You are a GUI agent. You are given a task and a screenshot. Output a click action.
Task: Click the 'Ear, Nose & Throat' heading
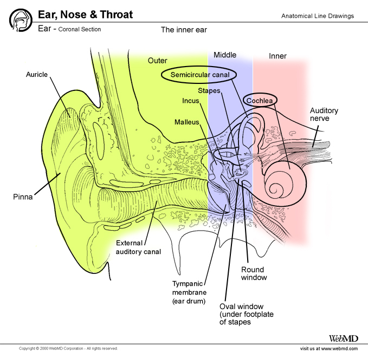click(x=85, y=15)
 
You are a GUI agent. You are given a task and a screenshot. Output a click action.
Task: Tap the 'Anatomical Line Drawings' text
click(x=317, y=16)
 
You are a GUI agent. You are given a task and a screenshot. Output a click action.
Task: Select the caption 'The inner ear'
click(x=184, y=30)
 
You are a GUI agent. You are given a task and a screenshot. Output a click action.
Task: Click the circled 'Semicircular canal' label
click(x=199, y=75)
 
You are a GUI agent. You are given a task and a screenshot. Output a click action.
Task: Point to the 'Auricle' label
click(x=37, y=74)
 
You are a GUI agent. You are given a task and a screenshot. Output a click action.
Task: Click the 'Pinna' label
click(x=23, y=197)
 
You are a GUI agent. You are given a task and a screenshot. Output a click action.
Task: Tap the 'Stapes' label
click(x=209, y=90)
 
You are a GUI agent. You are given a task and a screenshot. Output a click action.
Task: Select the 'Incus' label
click(x=191, y=101)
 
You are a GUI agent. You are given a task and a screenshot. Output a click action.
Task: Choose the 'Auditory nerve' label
click(x=324, y=115)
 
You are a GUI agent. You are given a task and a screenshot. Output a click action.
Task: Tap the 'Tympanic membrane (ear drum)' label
click(x=190, y=292)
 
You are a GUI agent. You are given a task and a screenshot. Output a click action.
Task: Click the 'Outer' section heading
click(x=158, y=61)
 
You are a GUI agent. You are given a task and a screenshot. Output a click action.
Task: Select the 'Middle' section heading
click(x=225, y=55)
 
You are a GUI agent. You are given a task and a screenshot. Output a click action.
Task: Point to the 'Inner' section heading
click(x=277, y=56)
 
